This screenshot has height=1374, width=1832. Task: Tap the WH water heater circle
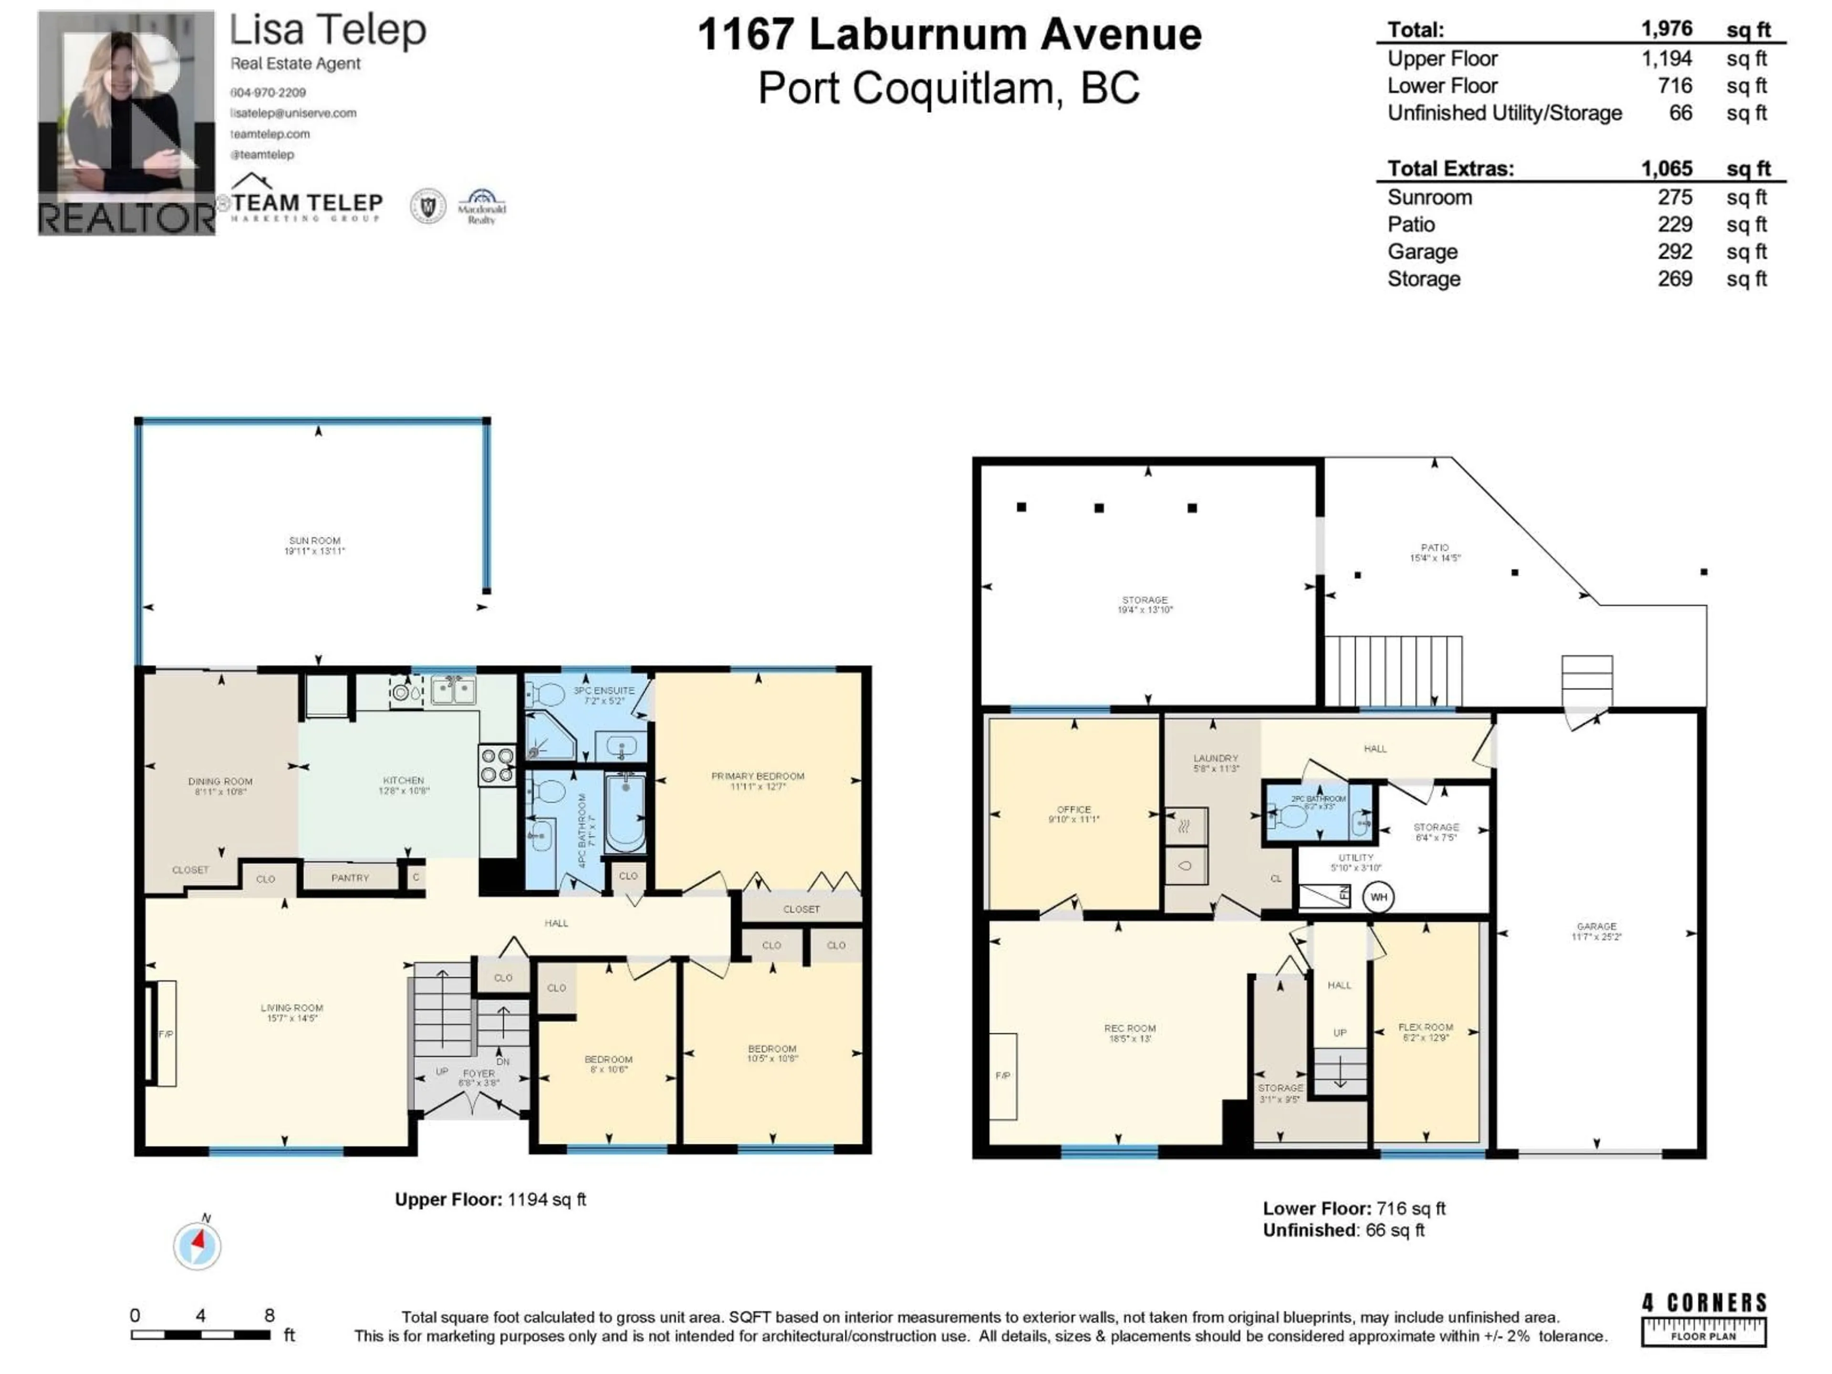(1378, 897)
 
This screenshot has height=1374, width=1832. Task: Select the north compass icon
(197, 1245)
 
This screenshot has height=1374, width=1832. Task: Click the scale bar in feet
(200, 1335)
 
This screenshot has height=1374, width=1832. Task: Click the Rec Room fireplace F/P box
(1003, 1076)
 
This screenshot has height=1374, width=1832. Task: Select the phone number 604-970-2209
(268, 93)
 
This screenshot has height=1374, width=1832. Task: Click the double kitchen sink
(452, 690)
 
